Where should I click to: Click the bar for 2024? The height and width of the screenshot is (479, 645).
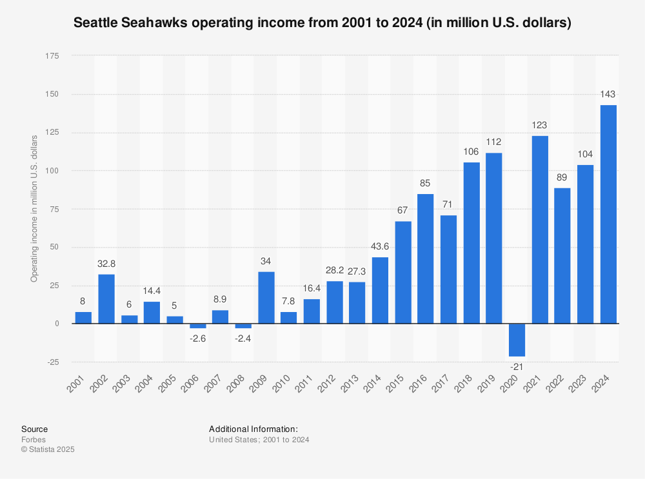pyautogui.click(x=608, y=214)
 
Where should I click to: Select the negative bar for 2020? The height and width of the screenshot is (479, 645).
pyautogui.click(x=517, y=340)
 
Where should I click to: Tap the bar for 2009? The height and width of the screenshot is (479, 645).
pyautogui.click(x=266, y=297)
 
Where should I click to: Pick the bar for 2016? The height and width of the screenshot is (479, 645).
pyautogui.click(x=425, y=259)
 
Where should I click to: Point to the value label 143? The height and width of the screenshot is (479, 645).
pyautogui.click(x=608, y=94)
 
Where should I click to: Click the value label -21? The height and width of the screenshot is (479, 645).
pyautogui.click(x=517, y=367)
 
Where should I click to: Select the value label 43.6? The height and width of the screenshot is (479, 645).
pyautogui.click(x=380, y=246)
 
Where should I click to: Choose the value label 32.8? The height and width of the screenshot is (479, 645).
pyautogui.click(x=106, y=264)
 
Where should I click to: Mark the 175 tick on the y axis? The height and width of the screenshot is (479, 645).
pyautogui.click(x=50, y=57)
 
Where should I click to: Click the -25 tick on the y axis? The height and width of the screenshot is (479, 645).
pyautogui.click(x=52, y=362)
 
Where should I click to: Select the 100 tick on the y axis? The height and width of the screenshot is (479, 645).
pyautogui.click(x=50, y=171)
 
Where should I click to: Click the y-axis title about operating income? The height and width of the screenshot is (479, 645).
pyautogui.click(x=34, y=208)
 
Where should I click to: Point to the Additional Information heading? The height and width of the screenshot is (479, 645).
pyautogui.click(x=253, y=429)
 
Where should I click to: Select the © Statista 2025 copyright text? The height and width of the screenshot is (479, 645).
pyautogui.click(x=48, y=449)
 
